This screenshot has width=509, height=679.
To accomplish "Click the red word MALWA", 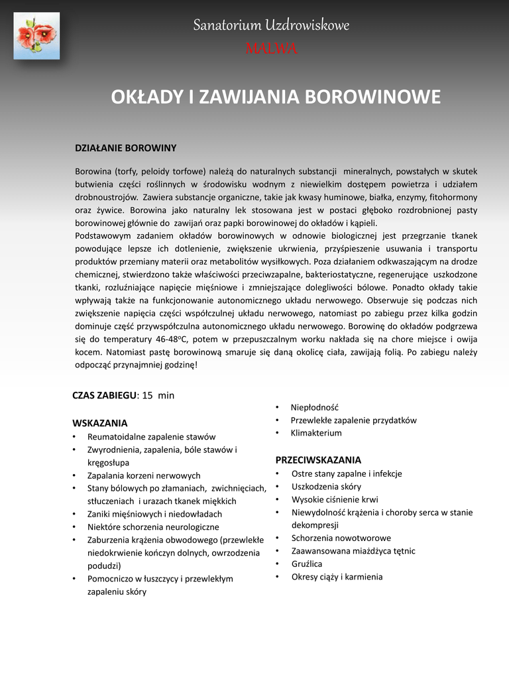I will coord(271,48).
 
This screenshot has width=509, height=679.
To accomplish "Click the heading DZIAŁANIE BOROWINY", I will coord(125,148).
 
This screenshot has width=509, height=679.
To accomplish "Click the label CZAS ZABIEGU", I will coord(104,395).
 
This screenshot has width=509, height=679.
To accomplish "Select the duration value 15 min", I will coord(158,395).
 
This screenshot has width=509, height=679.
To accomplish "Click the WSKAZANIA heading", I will coord(99,423).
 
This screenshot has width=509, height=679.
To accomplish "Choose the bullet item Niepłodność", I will coord(314,407).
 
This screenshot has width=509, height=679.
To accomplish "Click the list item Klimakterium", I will coord(316,433).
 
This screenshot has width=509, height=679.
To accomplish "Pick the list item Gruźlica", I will coord(307,564).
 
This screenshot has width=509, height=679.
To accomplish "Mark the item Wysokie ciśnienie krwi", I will coord(335,499).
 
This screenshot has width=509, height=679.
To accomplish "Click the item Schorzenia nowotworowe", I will coord(341,538).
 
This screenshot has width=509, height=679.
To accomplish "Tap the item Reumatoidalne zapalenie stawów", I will coord(152,437).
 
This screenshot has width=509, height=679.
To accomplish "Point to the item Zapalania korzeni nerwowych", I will coord(144,475).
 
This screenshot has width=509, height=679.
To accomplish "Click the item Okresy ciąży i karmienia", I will coord(337,577).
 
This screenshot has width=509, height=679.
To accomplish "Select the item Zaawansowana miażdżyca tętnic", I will coord(353,551).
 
